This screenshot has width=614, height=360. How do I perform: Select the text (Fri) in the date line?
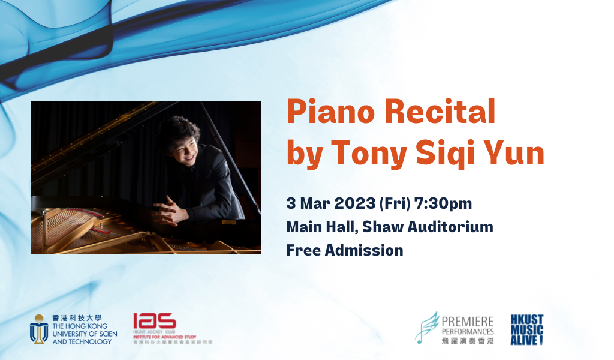pos(393,204)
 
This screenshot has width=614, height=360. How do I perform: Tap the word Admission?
pos(364,250)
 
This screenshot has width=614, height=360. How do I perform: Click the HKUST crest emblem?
pos(39,329)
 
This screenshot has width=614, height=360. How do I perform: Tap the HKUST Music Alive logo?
pos(526,329)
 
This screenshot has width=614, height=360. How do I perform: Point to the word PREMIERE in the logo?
pos(468,321)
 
